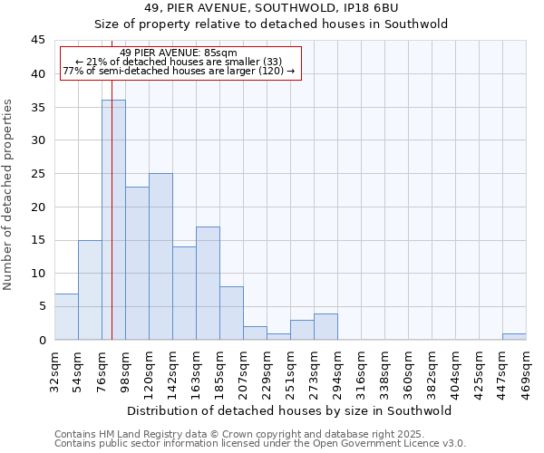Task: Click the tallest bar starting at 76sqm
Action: click(113, 219)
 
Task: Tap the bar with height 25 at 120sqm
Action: click(160, 256)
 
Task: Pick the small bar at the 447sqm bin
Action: click(514, 336)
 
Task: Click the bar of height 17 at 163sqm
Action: click(208, 283)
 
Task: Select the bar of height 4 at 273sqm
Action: click(325, 326)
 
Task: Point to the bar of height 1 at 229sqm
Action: click(278, 336)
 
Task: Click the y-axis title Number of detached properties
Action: click(9, 195)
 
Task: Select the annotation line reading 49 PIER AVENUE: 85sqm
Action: click(178, 53)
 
